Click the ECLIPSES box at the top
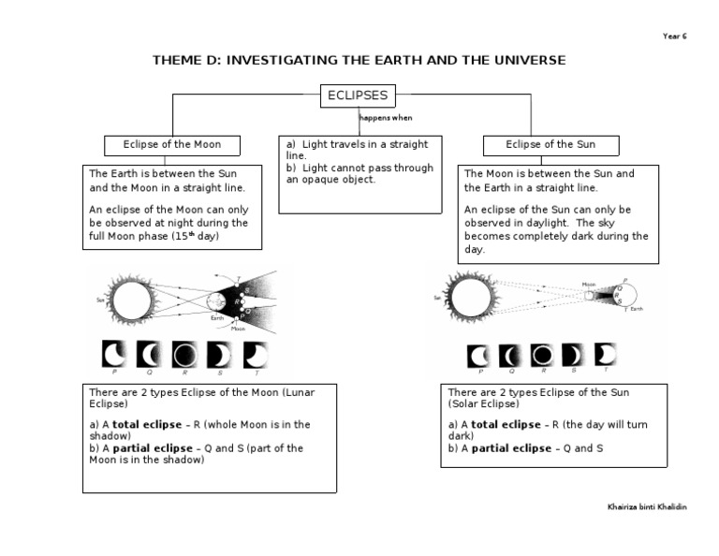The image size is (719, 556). (x=357, y=95)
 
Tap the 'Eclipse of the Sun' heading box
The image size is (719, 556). (x=550, y=145)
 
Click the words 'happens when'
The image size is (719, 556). (x=387, y=118)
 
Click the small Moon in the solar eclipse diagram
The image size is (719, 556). (x=590, y=296)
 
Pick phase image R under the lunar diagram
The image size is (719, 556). (x=185, y=355)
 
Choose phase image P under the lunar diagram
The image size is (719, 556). (x=114, y=355)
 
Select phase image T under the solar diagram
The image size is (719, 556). (x=605, y=355)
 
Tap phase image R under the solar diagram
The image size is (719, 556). (x=541, y=355)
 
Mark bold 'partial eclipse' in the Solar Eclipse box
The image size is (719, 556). (x=511, y=448)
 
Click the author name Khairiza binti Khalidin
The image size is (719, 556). (x=647, y=506)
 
